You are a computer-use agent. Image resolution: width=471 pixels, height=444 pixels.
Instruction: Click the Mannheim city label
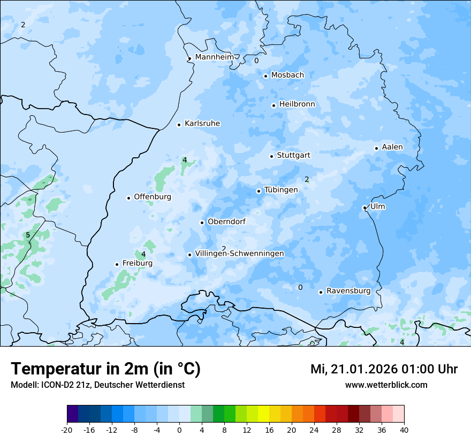214,57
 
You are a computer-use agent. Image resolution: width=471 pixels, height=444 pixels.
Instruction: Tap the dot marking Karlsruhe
179,125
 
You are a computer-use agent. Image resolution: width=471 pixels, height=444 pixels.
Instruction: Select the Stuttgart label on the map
293,155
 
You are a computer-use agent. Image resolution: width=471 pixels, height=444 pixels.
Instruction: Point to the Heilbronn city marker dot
274,105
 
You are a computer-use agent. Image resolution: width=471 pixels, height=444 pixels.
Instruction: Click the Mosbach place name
287,75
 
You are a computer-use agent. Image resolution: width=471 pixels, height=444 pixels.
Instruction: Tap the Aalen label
392,147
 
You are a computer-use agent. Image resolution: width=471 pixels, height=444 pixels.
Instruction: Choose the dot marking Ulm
364,208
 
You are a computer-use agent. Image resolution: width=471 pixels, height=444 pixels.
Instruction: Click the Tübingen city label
280,190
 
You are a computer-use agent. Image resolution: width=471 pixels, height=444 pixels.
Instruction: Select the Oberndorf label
226,221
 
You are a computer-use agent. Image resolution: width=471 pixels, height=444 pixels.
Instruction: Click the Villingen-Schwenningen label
239,254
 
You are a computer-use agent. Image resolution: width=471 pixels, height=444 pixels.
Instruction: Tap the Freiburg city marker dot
117,264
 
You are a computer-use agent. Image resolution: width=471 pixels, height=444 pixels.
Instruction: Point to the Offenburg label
153,197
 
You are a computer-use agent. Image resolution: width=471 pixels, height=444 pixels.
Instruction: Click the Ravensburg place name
348,291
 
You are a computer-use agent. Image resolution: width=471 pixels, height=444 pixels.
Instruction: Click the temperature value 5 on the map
28,235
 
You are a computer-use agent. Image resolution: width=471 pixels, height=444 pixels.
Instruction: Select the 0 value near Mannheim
256,61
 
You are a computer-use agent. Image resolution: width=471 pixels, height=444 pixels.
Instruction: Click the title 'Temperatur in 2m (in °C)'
106,369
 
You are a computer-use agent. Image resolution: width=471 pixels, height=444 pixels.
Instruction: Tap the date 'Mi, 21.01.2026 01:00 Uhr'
384,369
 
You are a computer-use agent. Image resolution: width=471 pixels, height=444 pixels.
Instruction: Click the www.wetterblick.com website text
386,385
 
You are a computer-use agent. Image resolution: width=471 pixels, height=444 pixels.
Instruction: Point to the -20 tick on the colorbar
67,430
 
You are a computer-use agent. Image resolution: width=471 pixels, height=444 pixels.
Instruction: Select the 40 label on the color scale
404,430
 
